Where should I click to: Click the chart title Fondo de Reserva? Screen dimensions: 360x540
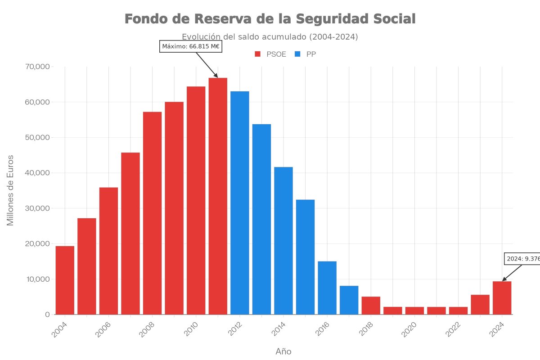point(270,19)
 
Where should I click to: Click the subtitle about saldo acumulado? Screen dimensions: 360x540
point(270,37)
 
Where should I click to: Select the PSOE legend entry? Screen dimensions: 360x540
point(270,54)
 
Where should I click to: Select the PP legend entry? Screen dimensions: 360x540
point(306,54)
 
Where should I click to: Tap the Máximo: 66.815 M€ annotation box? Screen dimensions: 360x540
point(191,46)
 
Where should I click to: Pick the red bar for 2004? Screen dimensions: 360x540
point(65,280)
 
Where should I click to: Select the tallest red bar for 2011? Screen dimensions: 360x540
point(218,196)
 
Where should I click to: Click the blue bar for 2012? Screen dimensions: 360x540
point(239,202)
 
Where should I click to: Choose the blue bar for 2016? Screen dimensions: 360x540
point(327,288)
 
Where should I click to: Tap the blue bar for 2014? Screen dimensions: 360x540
point(283,240)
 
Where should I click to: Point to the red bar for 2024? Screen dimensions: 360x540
point(502,297)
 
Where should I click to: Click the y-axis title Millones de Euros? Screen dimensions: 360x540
point(10,190)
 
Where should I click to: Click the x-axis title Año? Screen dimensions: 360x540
point(283,351)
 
